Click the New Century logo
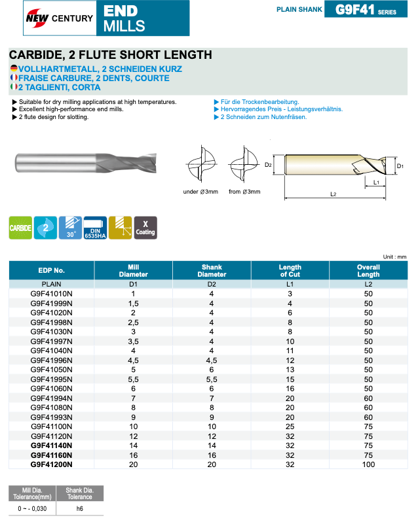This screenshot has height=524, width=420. coord(59,18)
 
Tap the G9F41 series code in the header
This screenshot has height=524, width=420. coord(354,10)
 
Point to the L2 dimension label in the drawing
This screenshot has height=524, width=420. coord(333,194)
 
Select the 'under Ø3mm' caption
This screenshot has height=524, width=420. coord(199,192)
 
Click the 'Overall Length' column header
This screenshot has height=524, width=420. coord(368,270)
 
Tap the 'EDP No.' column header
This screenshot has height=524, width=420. coord(52,270)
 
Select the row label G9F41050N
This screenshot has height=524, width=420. coord(52,370)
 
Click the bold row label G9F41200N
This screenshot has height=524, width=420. coord(52,464)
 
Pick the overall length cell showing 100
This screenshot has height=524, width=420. coord(368,464)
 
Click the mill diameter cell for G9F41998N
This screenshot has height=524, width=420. coord(133,323)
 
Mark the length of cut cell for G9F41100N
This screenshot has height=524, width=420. coord(290,427)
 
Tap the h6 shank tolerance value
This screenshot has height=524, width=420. coord(80,508)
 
